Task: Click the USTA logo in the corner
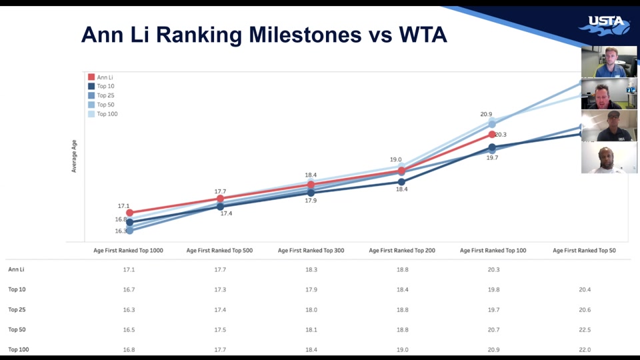tap(603, 25)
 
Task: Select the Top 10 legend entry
tap(105, 87)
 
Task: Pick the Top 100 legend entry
tap(107, 115)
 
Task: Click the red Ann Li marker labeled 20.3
tap(492, 135)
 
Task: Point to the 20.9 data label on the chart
tap(486, 115)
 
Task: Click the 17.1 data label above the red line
tap(123, 206)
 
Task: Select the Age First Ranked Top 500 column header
tap(219, 251)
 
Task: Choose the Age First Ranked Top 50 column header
tap(585, 251)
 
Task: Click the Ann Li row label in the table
tap(17, 270)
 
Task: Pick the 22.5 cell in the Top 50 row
tap(585, 330)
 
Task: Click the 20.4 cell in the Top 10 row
tap(585, 290)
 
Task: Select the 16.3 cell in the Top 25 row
tap(129, 310)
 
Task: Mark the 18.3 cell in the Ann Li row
tap(311, 270)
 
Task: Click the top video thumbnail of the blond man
tap(609, 62)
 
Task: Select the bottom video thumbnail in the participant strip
tap(609, 158)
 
